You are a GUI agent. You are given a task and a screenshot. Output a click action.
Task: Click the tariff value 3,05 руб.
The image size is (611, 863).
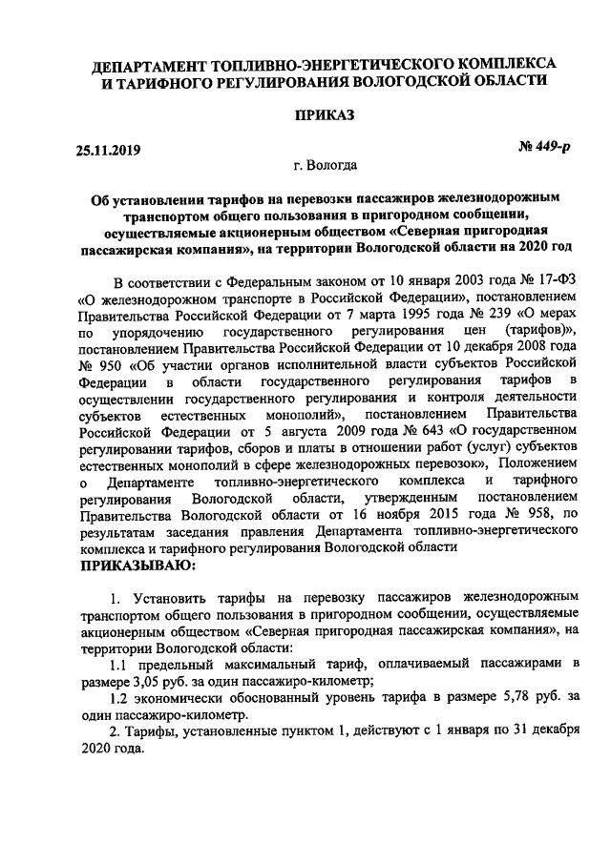[x=150, y=681]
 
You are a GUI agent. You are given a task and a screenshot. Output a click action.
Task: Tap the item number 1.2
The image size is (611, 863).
[x=120, y=697]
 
